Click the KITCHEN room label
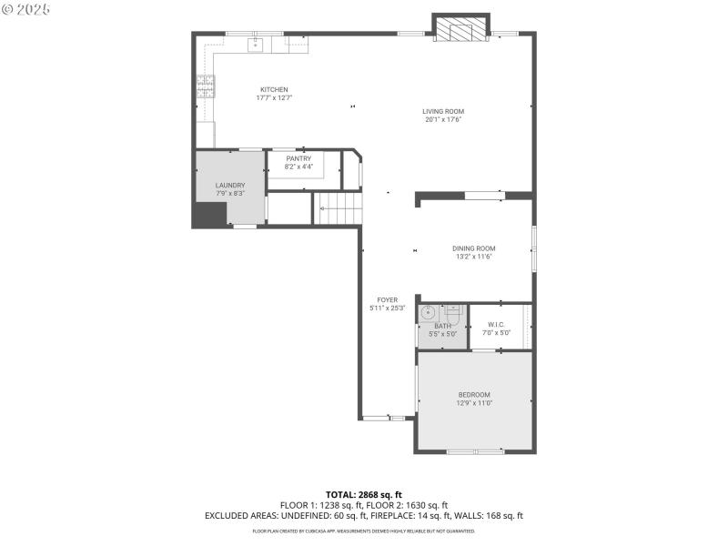(x=274, y=89)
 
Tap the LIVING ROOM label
(x=443, y=111)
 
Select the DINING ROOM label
(x=473, y=248)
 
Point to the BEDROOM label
(x=473, y=394)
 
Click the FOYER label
(x=387, y=299)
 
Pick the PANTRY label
(x=298, y=158)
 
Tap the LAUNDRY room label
(x=230, y=185)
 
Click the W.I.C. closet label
(x=496, y=324)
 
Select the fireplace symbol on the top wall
(x=460, y=30)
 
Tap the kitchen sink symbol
(x=257, y=41)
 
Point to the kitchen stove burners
(x=206, y=86)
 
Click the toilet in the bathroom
(x=454, y=313)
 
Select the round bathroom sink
(x=429, y=314)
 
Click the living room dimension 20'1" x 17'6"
(x=443, y=119)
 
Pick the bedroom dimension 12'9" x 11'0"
(x=473, y=403)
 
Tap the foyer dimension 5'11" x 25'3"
(x=387, y=308)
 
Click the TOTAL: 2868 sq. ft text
(x=363, y=494)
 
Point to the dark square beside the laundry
(x=209, y=214)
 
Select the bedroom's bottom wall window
(x=474, y=450)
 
